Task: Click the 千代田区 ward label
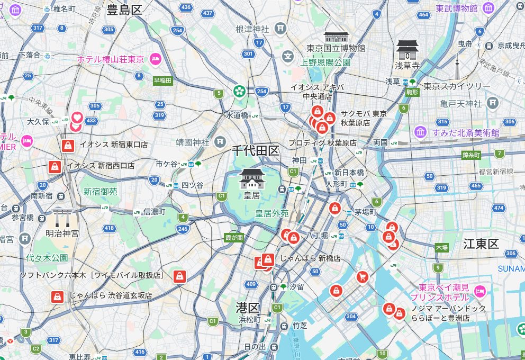256,151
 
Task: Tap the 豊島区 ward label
125,9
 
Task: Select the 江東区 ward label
481,244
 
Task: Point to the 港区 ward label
247,308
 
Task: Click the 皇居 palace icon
252,179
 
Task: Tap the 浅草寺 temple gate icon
408,49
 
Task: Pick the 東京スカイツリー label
457,86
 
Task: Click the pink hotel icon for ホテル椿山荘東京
156,59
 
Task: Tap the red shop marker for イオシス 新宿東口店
68,145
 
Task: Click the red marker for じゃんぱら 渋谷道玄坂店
57,296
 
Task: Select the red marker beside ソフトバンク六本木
180,276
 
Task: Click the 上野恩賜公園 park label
325,62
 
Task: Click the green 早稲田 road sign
162,80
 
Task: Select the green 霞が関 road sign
233,238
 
